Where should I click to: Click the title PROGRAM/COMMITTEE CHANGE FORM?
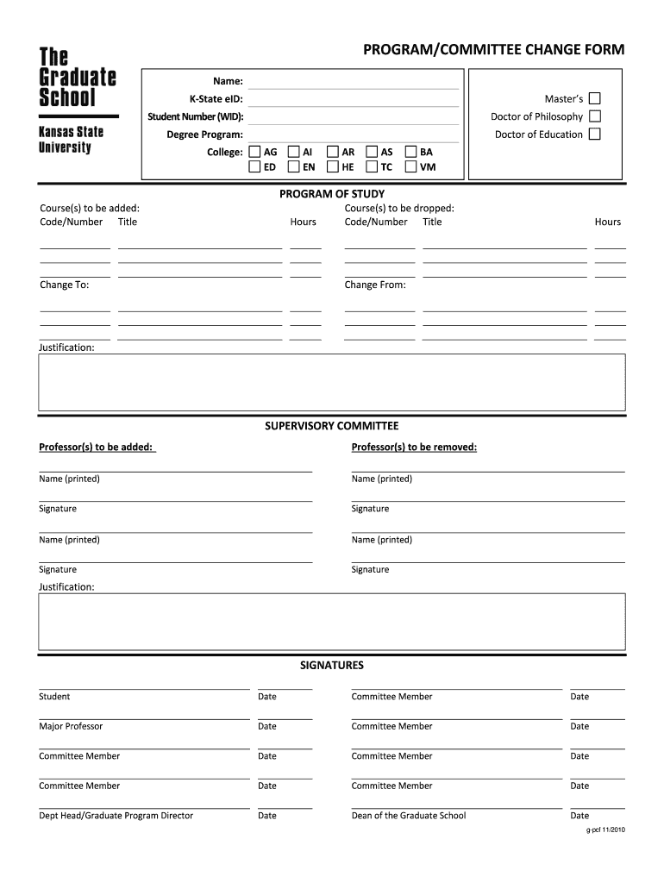click(x=493, y=50)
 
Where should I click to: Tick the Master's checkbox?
click(x=594, y=98)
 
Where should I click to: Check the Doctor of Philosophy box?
click(x=594, y=116)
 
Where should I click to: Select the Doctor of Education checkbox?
click(x=594, y=134)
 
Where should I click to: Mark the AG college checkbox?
click(x=254, y=152)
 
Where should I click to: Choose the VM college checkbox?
click(x=410, y=166)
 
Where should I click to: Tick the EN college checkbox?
click(x=294, y=166)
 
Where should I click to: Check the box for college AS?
click(x=372, y=152)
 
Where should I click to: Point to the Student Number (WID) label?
click(x=195, y=116)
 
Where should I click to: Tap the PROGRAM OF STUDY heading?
click(x=332, y=194)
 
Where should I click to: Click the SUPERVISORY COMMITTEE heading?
click(x=332, y=426)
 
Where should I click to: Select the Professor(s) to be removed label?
click(x=414, y=447)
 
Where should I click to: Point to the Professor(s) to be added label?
click(x=97, y=447)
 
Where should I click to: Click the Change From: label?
click(x=375, y=285)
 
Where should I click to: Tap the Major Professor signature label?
click(x=71, y=726)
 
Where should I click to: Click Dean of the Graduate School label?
click(x=409, y=816)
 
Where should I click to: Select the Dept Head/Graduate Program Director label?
click(x=116, y=816)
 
